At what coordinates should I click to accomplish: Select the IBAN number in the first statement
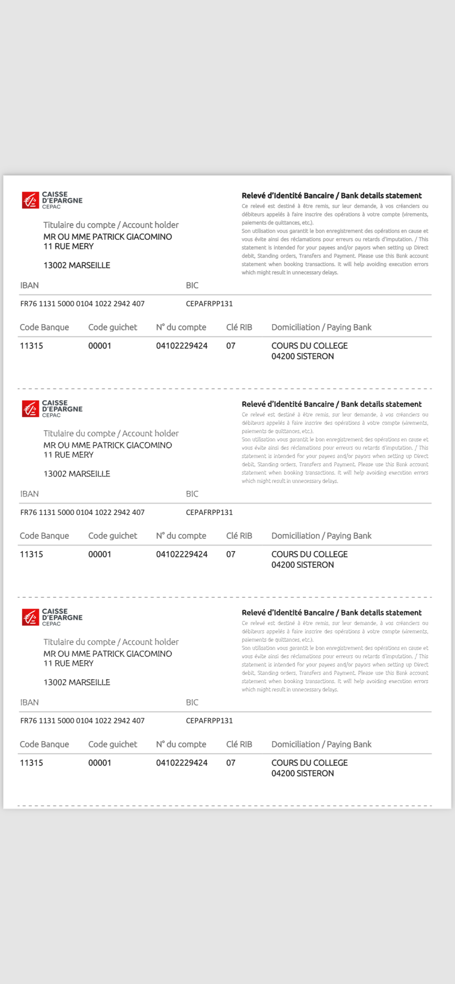tap(82, 304)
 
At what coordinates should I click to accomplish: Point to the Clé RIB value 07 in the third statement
tap(230, 763)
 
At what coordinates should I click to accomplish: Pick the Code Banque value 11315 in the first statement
tap(31, 346)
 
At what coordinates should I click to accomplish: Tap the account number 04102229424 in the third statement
tap(182, 763)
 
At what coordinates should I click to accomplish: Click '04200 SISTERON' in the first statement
tap(302, 357)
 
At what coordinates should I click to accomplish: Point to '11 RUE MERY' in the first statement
tap(68, 247)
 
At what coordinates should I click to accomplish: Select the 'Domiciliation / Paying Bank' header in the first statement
tap(321, 327)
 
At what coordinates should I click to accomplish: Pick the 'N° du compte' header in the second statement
tap(181, 536)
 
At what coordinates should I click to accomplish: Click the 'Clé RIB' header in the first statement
tap(239, 327)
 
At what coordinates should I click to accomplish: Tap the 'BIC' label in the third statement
tap(192, 703)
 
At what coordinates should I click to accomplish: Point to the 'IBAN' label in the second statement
tap(29, 494)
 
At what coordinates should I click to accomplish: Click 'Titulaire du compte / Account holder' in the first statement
tap(111, 225)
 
